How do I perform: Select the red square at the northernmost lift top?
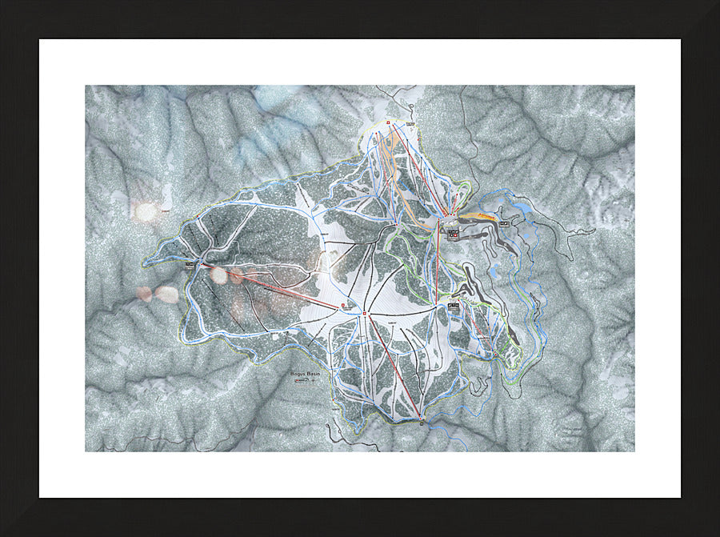[x=387, y=122]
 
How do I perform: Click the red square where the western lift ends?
[x=343, y=306]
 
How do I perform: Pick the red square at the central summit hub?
[x=365, y=312]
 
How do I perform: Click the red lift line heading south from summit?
[x=392, y=365]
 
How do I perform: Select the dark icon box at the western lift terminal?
[x=190, y=262]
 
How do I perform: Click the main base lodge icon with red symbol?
[x=454, y=234]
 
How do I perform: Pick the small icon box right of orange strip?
[x=505, y=222]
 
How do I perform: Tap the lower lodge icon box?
[x=454, y=306]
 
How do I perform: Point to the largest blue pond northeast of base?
[x=522, y=209]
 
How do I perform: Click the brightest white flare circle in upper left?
[x=146, y=212]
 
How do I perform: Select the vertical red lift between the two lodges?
[x=438, y=264]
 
